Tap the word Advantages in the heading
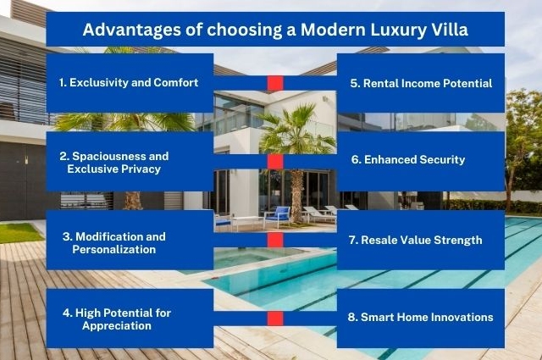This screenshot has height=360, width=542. pyautogui.click(x=132, y=30)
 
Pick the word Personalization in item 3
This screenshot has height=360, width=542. pyautogui.click(x=114, y=250)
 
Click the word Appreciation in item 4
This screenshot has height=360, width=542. pyautogui.click(x=117, y=326)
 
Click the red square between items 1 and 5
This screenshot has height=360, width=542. pyautogui.click(x=275, y=83)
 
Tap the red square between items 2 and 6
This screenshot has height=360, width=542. pyautogui.click(x=275, y=162)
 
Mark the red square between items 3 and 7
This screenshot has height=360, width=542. pyautogui.click(x=275, y=240)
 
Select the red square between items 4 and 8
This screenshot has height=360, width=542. pyautogui.click(x=275, y=318)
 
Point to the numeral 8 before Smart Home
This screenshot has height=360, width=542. pyautogui.click(x=351, y=317)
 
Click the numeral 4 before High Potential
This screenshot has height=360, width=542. pyautogui.click(x=67, y=313)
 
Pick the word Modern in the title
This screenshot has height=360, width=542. pyautogui.click(x=334, y=30)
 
